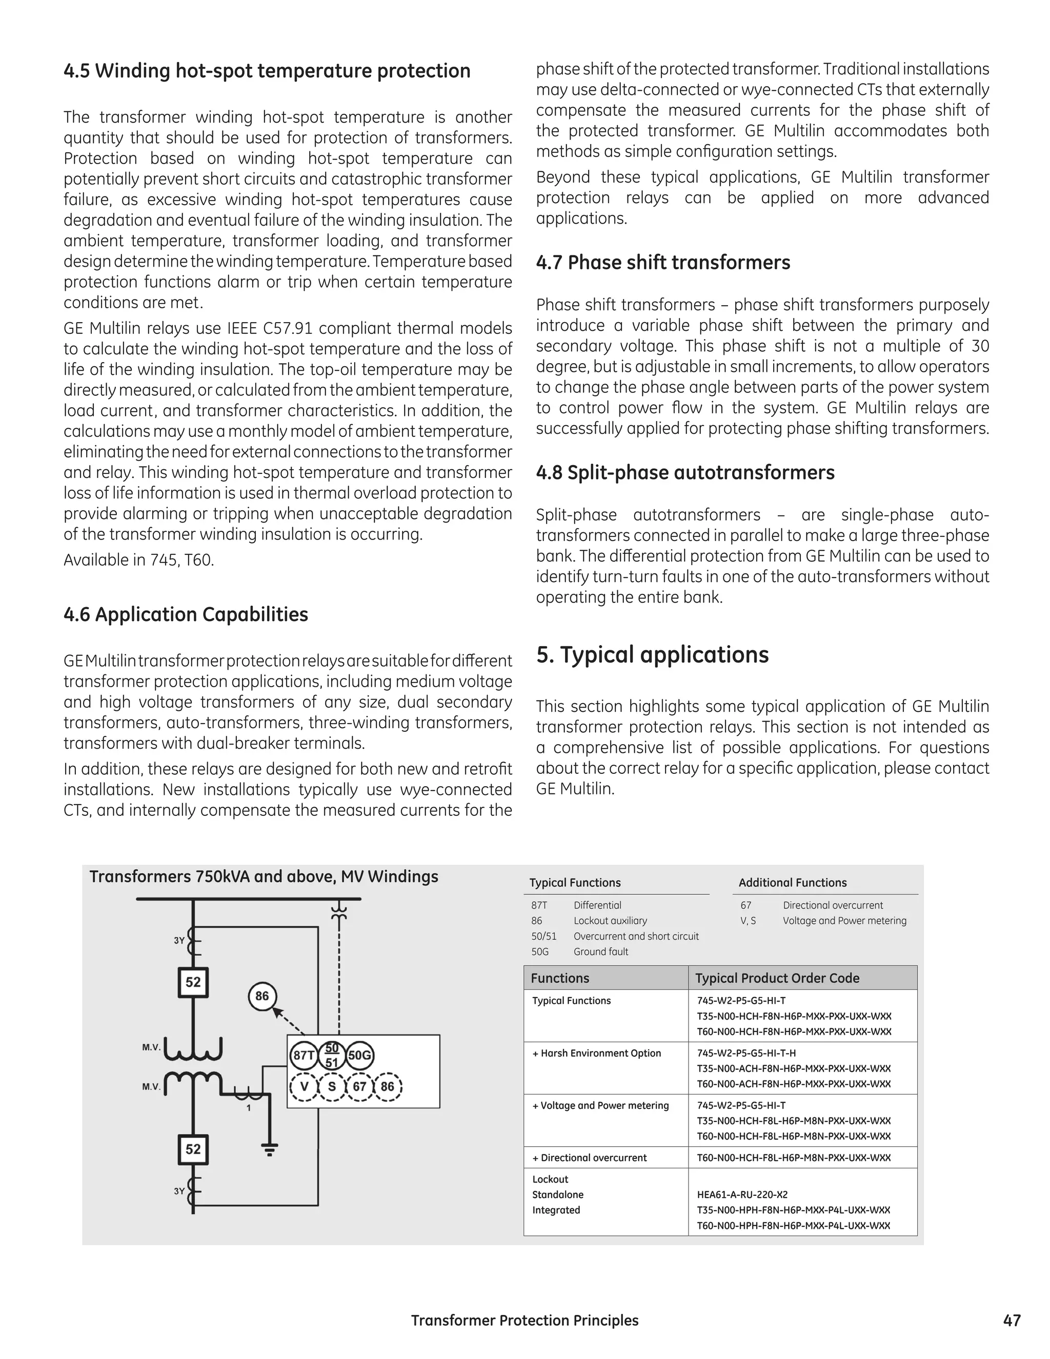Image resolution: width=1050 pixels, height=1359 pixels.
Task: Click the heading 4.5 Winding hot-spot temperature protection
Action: coord(267,71)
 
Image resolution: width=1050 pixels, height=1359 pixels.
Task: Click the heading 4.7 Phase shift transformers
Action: coord(662,263)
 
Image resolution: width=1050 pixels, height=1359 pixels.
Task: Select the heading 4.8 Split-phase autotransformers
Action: coord(685,473)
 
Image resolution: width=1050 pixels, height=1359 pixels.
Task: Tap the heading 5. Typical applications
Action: coord(652,655)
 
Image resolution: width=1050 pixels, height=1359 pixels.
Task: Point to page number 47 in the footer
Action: coord(1012,1321)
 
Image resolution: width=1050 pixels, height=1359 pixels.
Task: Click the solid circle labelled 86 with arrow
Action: coord(262,996)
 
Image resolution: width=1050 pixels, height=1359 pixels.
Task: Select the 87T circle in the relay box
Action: coord(304,1055)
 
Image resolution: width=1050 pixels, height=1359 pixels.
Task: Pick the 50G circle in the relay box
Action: coord(359,1055)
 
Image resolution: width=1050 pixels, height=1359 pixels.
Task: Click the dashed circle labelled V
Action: coord(304,1087)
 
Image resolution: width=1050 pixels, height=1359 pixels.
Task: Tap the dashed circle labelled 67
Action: coord(359,1087)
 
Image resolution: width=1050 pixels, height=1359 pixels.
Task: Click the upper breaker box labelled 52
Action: coord(193,983)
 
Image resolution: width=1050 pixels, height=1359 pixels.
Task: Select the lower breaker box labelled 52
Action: coord(193,1149)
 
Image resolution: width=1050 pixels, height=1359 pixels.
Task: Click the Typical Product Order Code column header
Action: coord(777,978)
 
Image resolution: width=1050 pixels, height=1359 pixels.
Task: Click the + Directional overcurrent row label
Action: coord(589,1158)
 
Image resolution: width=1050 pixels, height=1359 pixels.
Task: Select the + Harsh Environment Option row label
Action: coord(597,1053)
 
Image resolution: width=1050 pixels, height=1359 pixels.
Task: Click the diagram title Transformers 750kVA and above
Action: coord(264,877)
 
